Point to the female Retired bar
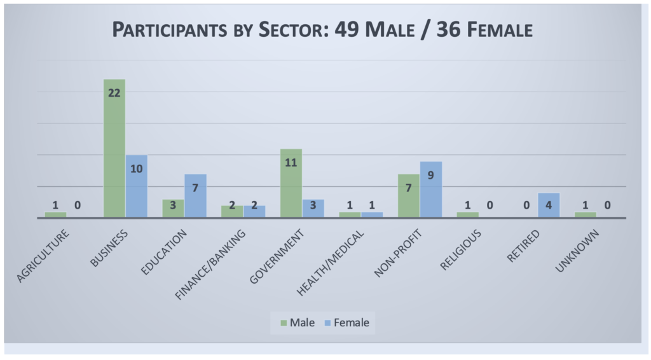tap(549, 205)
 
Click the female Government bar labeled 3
tap(313, 208)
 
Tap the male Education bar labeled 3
tap(173, 208)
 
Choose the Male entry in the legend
tap(296, 322)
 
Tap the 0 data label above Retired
tap(526, 205)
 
